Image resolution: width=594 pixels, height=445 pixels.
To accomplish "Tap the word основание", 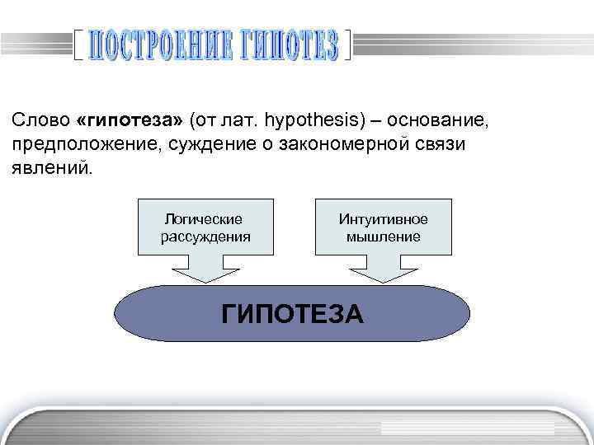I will [x=438, y=121].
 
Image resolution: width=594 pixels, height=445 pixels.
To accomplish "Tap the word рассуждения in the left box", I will [x=205, y=237].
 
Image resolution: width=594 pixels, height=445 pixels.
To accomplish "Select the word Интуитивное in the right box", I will [x=384, y=219].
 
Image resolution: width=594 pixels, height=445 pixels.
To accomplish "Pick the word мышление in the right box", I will [x=384, y=237].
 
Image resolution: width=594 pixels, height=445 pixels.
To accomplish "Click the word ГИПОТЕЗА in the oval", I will [x=292, y=315].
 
